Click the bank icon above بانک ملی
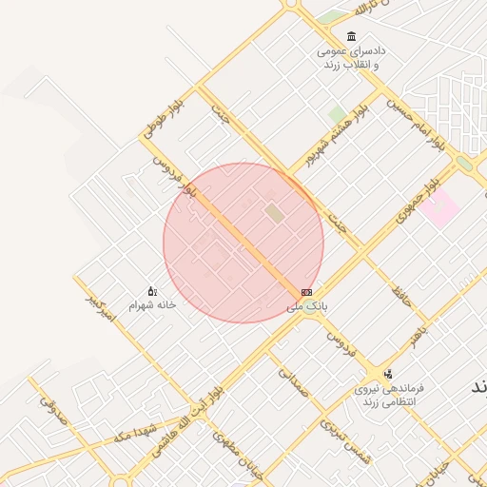pos(306,292)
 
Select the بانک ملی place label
pos(306,307)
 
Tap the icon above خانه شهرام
pos(151,291)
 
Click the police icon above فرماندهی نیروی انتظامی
pos(387,374)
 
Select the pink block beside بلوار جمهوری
pos(439,208)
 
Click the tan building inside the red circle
pos(274,213)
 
